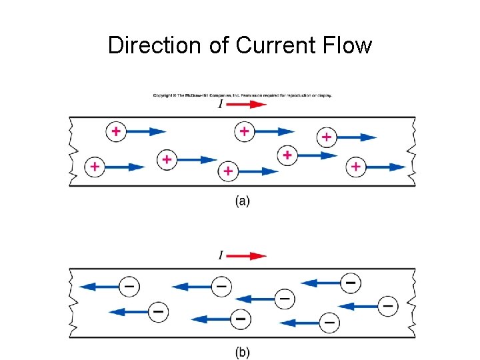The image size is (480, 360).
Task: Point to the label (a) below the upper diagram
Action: coord(242,201)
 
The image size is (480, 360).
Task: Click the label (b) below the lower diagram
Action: coord(242,353)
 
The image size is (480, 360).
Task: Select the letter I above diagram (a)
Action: coord(221,105)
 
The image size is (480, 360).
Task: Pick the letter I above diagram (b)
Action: coord(221,255)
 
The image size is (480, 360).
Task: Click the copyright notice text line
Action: coord(242,95)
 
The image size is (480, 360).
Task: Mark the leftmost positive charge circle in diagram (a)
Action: coord(95,166)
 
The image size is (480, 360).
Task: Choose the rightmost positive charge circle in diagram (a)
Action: coord(356,166)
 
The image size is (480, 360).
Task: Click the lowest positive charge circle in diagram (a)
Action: coord(228,171)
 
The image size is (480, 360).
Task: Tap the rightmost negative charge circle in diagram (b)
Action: coord(387,305)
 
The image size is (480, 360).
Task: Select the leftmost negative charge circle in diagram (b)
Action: coord(129,287)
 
